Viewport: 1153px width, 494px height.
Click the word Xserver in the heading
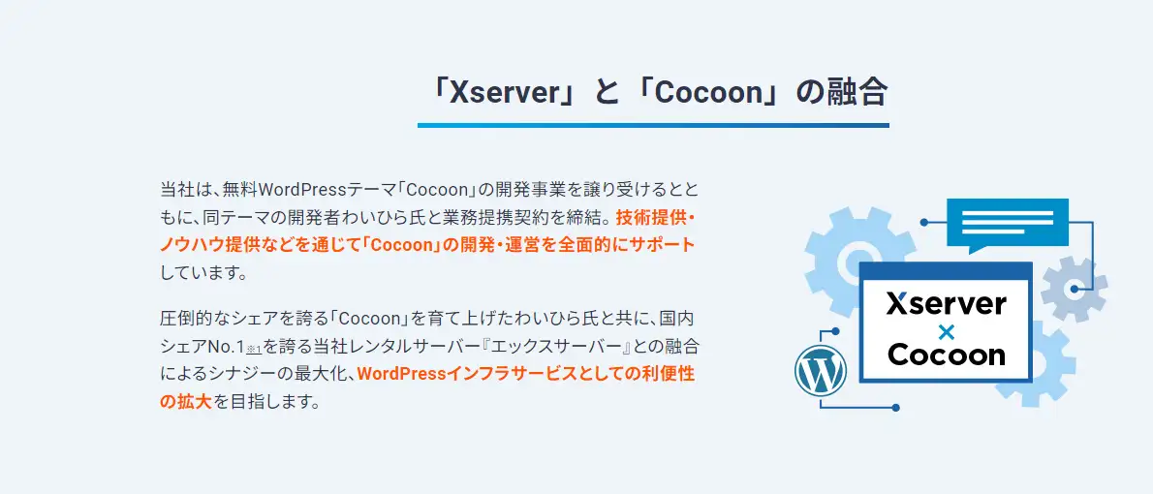pos(499,93)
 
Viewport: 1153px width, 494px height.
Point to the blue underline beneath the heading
pos(653,126)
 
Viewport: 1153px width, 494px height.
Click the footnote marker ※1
pos(255,349)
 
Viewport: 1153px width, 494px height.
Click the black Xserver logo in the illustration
pos(947,303)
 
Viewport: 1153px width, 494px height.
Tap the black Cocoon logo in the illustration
pos(947,355)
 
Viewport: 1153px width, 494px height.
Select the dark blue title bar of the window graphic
pos(946,270)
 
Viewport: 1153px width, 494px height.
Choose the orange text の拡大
pos(186,401)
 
